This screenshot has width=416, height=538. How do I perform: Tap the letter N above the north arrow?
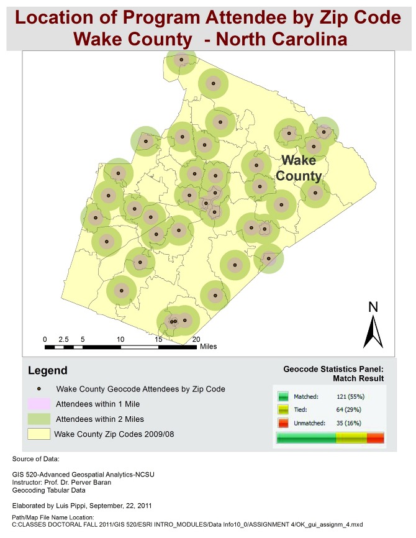(x=373, y=306)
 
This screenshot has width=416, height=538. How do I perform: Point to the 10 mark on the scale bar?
(x=120, y=339)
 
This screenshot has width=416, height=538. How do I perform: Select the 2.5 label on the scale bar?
(x=63, y=339)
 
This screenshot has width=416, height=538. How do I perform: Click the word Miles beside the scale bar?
(x=208, y=347)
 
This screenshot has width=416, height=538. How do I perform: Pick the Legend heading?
(x=48, y=371)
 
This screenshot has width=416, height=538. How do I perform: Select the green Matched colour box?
(x=283, y=396)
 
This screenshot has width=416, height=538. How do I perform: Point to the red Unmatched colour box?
(x=283, y=424)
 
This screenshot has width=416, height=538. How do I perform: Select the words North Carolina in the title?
(x=286, y=39)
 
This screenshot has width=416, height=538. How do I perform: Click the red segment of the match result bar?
(x=376, y=439)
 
